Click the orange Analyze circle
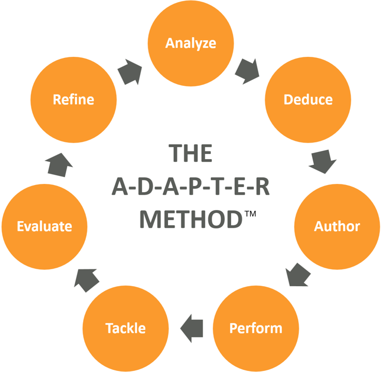pos(191,43)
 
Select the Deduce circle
pos(308,99)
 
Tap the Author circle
pos(337,226)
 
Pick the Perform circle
pos(256,328)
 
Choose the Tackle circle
pos(126,328)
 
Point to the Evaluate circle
pos(44,226)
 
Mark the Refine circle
pos(73,99)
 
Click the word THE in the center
pos(190,154)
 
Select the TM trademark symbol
pos(250,212)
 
